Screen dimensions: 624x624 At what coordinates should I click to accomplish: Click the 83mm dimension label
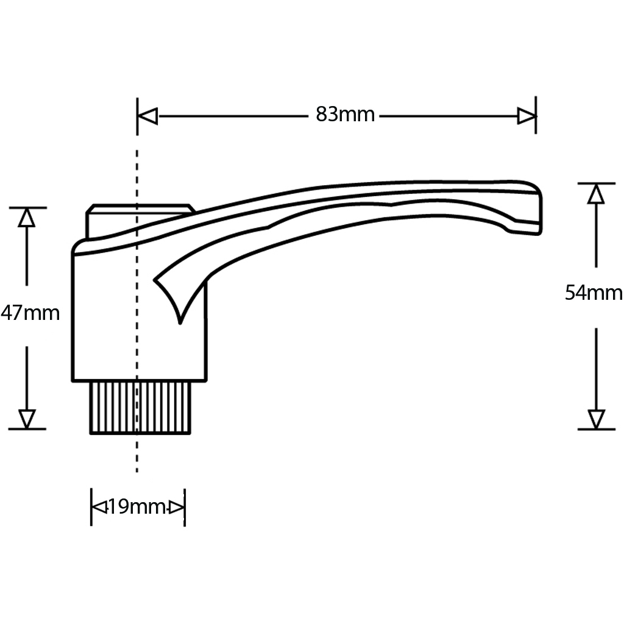[x=345, y=115]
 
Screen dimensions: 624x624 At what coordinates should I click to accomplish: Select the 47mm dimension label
[x=30, y=313]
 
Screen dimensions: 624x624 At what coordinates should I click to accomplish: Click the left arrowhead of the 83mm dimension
[x=148, y=116]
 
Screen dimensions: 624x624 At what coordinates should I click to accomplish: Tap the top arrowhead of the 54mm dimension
[x=596, y=194]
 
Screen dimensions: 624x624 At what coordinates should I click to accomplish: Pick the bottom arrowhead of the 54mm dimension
[x=596, y=419]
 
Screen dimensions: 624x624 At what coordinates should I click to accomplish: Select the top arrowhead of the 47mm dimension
[x=27, y=218]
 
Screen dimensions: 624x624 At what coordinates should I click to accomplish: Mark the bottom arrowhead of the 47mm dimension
[x=27, y=419]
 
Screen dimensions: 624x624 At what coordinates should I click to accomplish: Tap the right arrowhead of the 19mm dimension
[x=177, y=506]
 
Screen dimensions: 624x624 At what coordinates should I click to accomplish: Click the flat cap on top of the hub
[x=140, y=210]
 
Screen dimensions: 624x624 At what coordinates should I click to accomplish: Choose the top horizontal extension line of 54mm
[x=596, y=183]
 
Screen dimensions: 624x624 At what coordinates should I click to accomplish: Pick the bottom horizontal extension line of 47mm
[x=27, y=429]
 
